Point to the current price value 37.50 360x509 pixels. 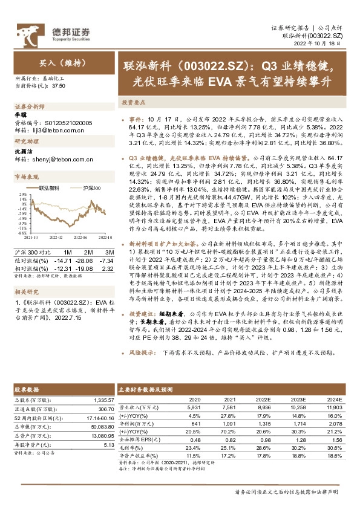[59, 86]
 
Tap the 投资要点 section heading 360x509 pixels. [131, 103]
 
